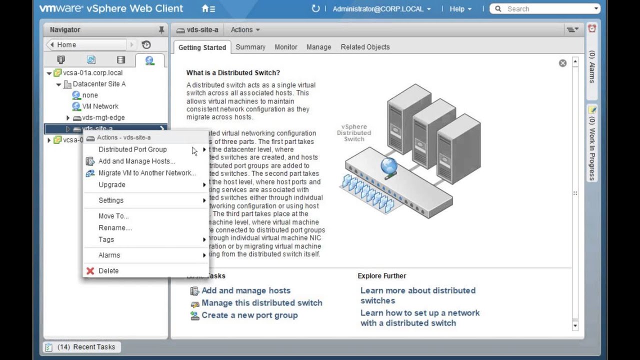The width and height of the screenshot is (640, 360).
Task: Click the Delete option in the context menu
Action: [x=108, y=271]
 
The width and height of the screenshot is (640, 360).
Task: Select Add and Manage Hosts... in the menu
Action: [x=136, y=161]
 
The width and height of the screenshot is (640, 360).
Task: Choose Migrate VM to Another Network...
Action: [x=146, y=173]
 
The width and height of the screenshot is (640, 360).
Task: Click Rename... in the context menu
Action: [x=115, y=228]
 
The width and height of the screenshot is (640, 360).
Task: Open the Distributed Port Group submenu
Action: [x=132, y=149]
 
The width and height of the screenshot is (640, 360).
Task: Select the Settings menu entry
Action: [x=111, y=200]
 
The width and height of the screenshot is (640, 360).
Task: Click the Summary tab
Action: [x=250, y=47]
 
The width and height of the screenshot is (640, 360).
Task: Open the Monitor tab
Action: [x=285, y=47]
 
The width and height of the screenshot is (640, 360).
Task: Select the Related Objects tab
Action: [x=365, y=47]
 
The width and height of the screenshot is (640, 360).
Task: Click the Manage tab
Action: [x=318, y=47]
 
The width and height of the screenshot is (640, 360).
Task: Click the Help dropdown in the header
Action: [x=459, y=9]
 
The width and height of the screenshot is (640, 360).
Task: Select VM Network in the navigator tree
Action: [x=100, y=106]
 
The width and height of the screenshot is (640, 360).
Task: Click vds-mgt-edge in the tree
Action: [x=103, y=118]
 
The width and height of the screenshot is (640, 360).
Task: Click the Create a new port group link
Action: [x=249, y=315]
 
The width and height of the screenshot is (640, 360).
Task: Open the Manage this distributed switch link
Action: [x=261, y=303]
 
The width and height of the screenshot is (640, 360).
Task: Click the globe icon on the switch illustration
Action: [x=388, y=166]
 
